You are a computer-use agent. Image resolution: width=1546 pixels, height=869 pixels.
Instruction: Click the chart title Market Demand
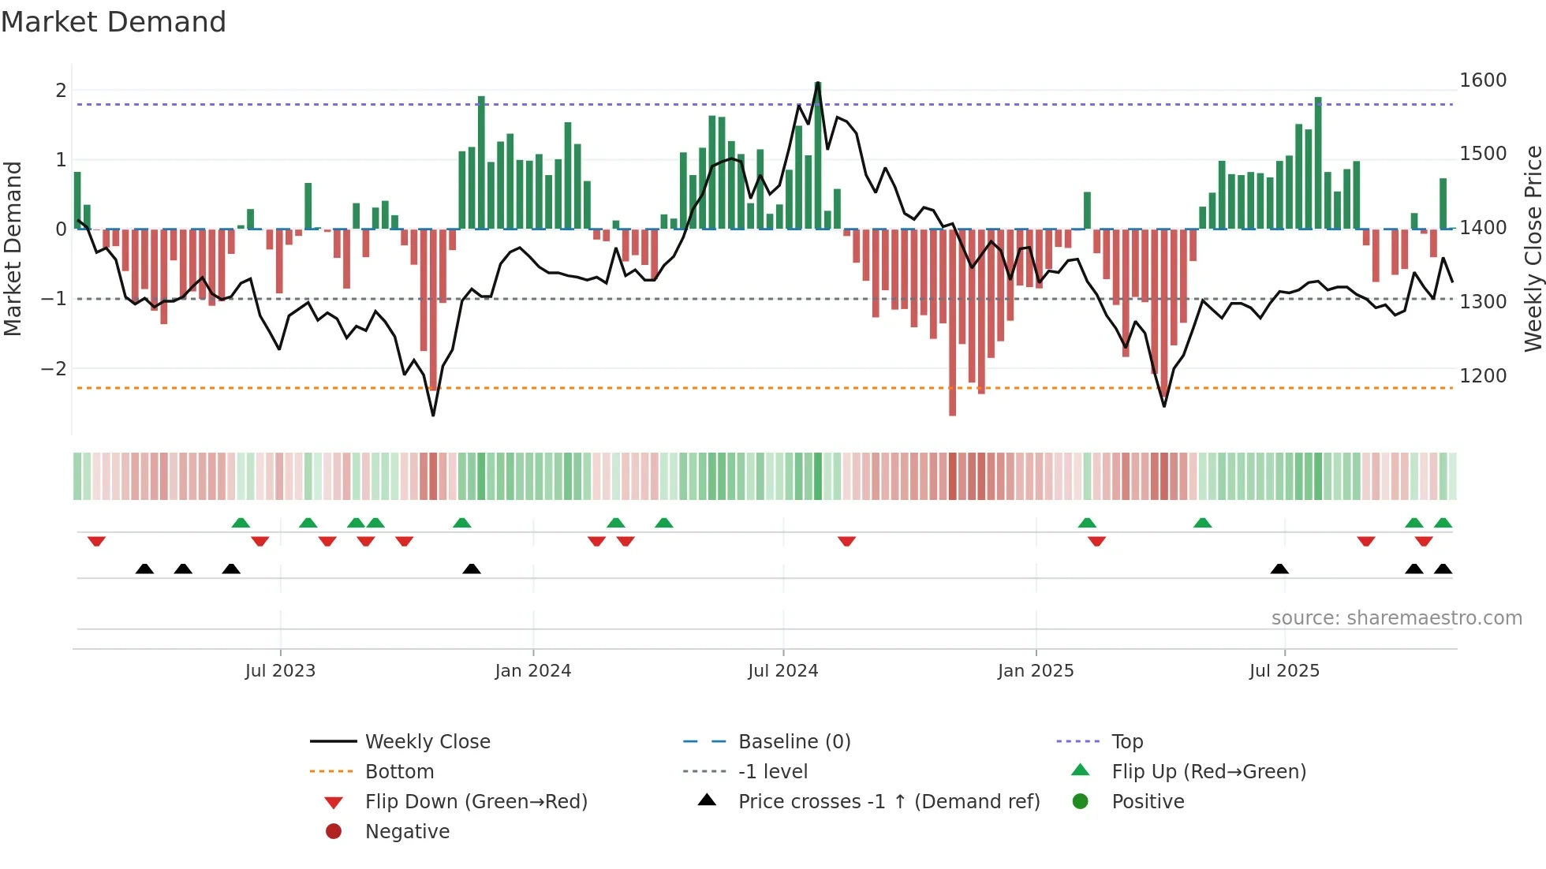click(114, 22)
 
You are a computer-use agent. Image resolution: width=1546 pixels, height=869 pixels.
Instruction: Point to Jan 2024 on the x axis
click(532, 670)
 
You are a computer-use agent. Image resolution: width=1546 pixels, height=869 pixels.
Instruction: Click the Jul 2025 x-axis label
click(1283, 670)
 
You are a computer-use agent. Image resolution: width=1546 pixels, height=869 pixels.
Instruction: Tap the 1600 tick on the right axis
click(1482, 80)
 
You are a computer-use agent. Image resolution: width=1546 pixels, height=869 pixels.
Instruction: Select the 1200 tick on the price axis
click(1482, 375)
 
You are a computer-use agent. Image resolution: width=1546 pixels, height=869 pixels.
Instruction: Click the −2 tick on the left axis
click(54, 368)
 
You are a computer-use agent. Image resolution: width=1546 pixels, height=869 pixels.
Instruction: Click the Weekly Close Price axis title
click(1533, 248)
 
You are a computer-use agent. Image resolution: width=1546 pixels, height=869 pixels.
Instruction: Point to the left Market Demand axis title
click(13, 248)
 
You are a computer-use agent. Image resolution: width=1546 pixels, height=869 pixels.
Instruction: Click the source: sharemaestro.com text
click(1396, 617)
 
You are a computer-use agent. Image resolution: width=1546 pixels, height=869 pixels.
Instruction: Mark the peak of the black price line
click(818, 83)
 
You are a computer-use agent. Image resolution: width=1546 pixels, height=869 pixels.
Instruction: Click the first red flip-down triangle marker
click(96, 541)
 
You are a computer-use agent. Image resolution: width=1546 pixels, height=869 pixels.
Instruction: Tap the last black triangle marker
click(1443, 569)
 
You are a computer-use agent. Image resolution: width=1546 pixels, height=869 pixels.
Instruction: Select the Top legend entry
click(1126, 741)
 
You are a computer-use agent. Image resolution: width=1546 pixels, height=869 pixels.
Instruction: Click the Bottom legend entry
click(398, 771)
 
